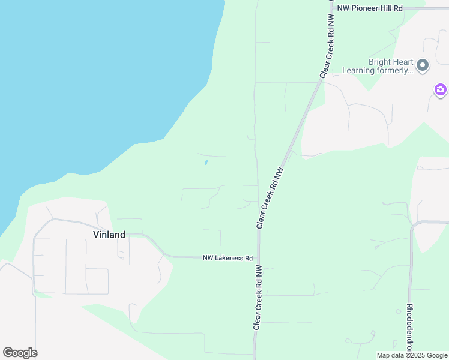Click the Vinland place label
(109, 235)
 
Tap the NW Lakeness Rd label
(228, 258)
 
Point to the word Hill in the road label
(388, 8)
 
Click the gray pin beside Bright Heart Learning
(423, 65)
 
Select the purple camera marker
(441, 90)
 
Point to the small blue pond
(206, 162)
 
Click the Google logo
(20, 353)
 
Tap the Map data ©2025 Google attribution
(412, 355)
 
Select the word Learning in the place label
(358, 70)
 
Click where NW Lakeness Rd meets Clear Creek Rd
(259, 258)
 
